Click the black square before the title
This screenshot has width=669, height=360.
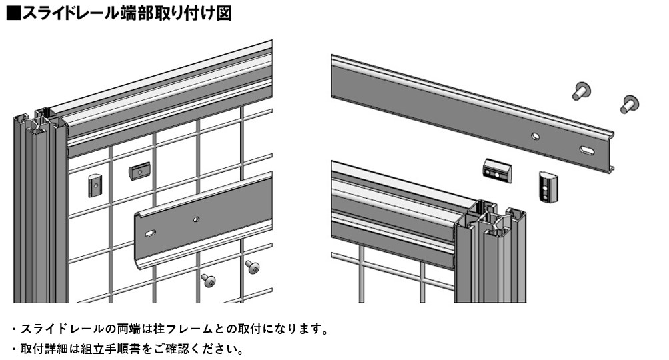13,13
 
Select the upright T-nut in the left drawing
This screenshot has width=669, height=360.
95,185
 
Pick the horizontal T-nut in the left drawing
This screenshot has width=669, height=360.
140,171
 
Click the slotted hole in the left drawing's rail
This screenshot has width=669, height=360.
151,233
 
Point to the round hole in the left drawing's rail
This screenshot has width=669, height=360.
196,219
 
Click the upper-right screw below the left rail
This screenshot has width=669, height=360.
252,267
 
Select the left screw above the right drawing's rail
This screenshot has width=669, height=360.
581,91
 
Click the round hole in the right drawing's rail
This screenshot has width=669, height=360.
535,137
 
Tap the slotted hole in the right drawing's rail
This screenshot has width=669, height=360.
587,150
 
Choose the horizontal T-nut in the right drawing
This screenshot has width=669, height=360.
497,170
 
